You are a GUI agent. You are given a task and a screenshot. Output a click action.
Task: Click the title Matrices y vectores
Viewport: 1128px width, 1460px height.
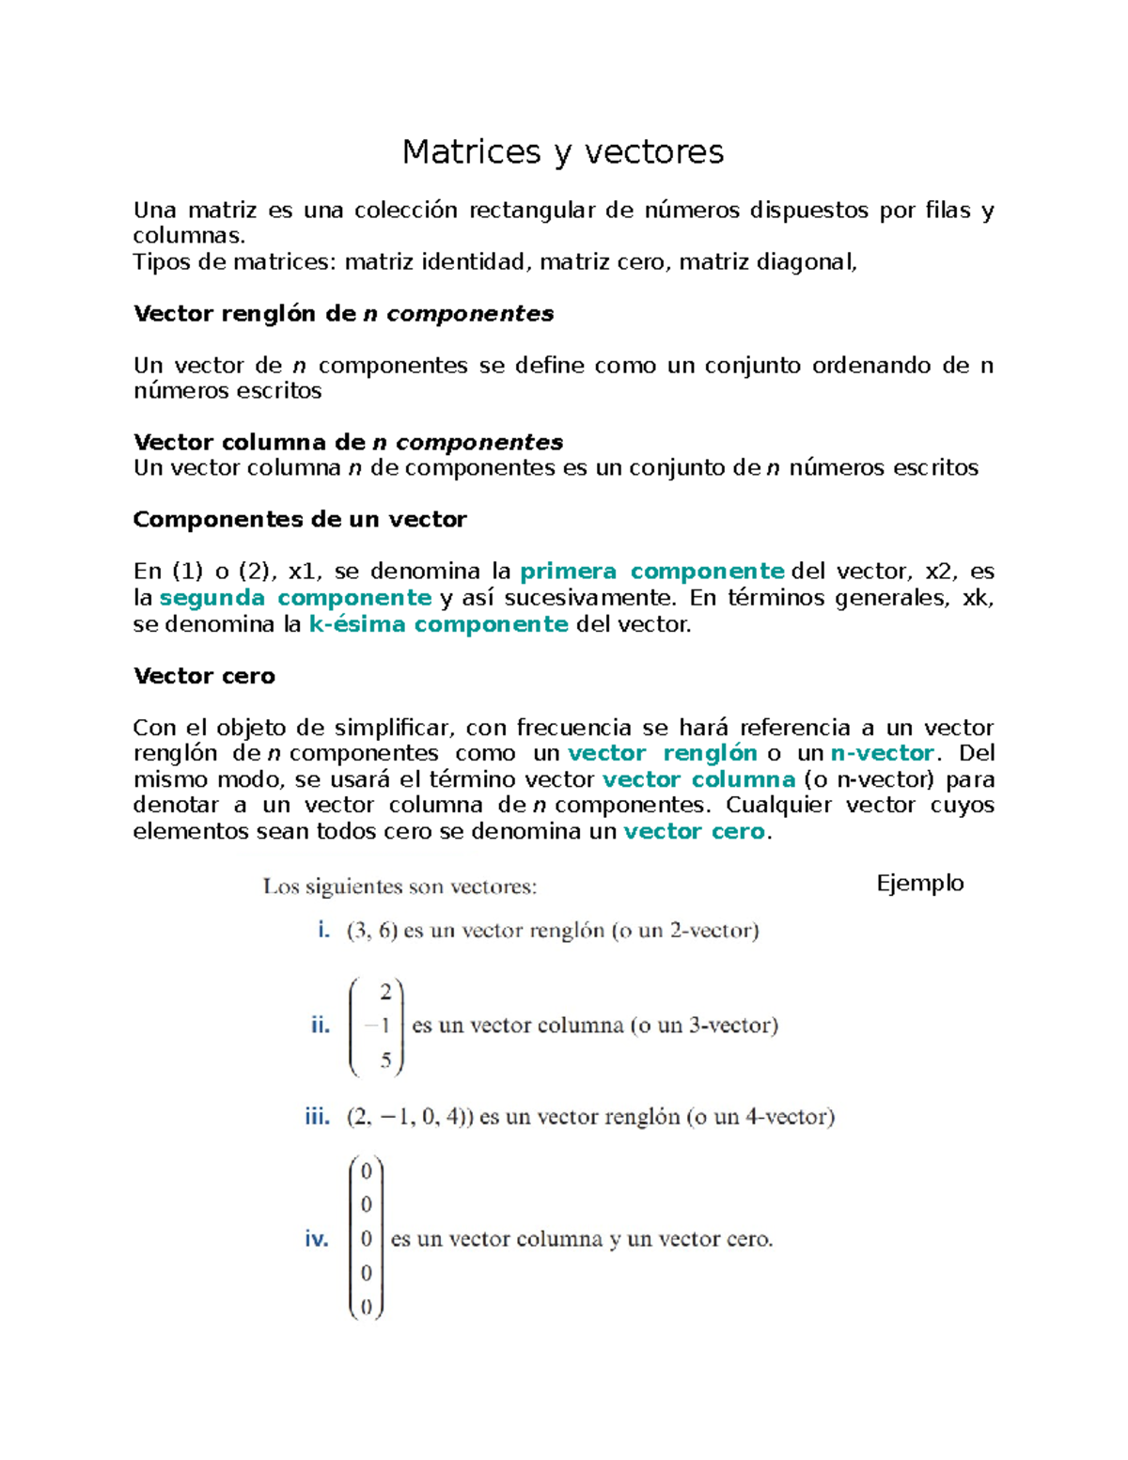click(x=562, y=151)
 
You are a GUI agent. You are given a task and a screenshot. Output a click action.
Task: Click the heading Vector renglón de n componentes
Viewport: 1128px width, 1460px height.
click(x=343, y=314)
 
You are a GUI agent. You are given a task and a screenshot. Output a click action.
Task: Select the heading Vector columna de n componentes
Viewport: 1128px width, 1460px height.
click(x=348, y=442)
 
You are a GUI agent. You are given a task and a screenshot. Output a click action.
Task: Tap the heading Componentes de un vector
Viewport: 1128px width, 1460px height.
click(x=300, y=520)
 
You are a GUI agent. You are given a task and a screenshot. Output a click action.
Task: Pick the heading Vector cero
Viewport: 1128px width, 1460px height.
click(x=204, y=676)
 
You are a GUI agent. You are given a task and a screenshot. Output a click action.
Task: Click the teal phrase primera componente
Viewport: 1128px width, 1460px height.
click(x=651, y=572)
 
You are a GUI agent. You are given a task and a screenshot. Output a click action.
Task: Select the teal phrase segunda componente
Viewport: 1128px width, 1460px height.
click(x=295, y=598)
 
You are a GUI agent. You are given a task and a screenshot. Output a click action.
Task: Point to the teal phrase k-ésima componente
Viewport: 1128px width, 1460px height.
click(x=438, y=624)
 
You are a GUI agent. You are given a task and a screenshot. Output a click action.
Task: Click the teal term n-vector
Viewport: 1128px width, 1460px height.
click(x=883, y=753)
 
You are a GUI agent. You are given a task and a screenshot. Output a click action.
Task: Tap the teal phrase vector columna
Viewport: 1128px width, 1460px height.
click(x=698, y=779)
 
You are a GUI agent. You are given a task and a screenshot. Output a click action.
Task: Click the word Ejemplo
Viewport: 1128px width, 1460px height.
click(x=919, y=883)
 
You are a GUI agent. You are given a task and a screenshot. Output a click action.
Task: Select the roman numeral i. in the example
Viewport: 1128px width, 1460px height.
click(x=323, y=931)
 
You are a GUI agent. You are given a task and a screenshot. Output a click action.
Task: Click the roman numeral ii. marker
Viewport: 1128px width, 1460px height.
click(x=321, y=1026)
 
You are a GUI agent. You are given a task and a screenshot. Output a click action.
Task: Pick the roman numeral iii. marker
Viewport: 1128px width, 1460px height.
click(x=317, y=1117)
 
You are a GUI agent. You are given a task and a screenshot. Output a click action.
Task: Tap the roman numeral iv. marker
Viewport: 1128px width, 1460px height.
click(x=316, y=1239)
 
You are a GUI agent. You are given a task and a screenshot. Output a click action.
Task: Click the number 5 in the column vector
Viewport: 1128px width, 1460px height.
click(x=385, y=1060)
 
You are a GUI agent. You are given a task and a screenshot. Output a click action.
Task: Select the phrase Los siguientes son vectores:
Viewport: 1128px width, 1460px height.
click(x=399, y=887)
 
